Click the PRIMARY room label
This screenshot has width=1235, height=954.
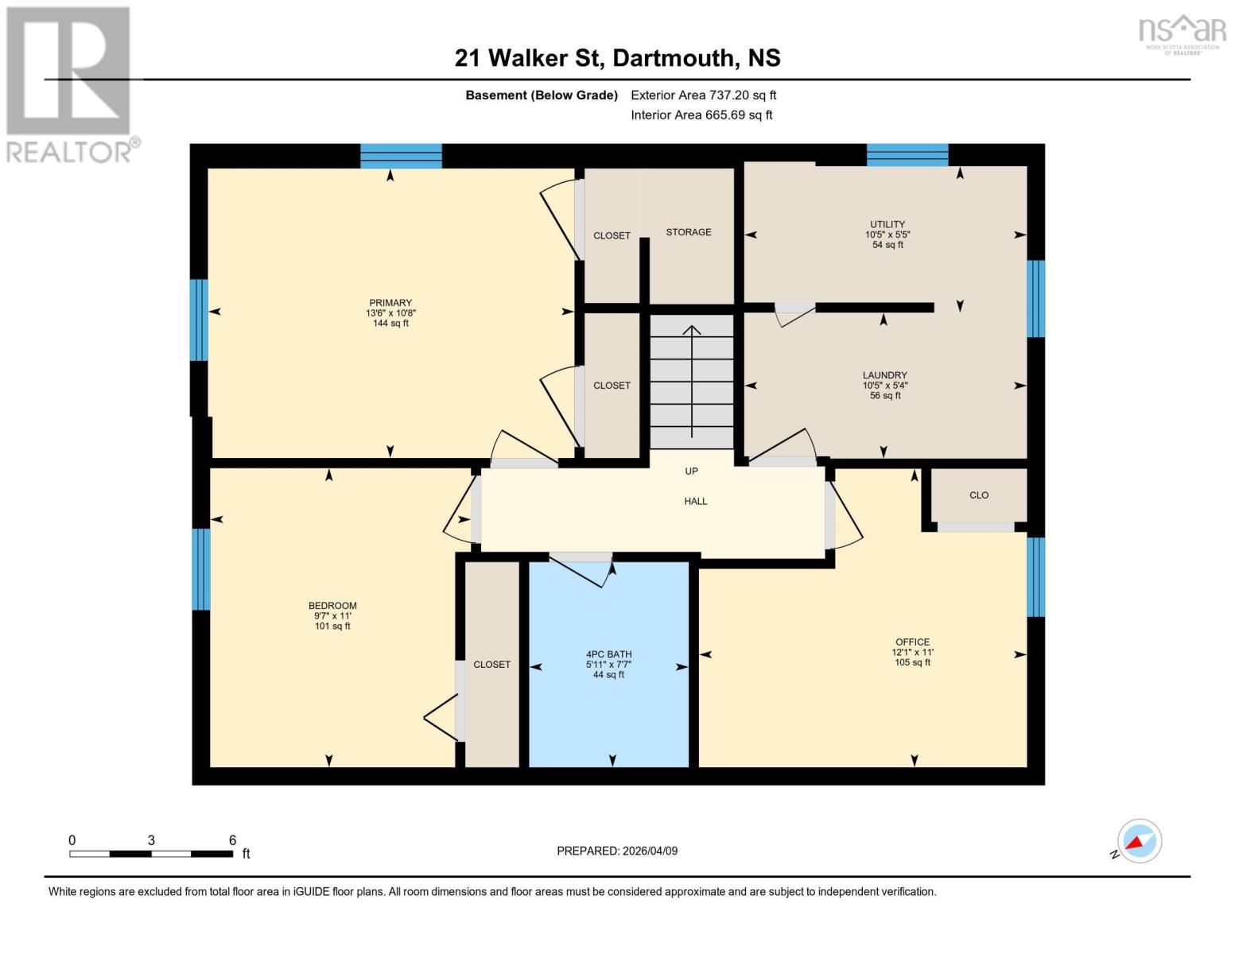point(390,303)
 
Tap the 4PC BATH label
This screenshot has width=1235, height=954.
point(608,655)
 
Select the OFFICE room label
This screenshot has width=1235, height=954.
point(912,642)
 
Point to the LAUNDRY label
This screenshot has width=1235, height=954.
point(884,375)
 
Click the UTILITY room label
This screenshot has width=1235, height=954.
point(887,225)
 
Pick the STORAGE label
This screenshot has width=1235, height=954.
point(688,232)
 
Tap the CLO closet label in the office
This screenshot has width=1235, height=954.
point(978,495)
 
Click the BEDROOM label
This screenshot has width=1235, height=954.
point(332,606)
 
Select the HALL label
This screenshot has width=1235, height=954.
point(695,502)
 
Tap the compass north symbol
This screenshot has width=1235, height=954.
point(1139,841)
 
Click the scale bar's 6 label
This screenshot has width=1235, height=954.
point(232,840)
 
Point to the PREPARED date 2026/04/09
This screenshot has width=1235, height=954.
point(617,851)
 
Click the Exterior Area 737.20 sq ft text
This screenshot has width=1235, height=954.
point(703,95)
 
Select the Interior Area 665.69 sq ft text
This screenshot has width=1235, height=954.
point(701,115)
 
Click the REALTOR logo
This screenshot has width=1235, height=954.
point(70,84)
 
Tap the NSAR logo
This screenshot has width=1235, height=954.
point(1182,33)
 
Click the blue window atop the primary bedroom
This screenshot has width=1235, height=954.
point(401,156)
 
